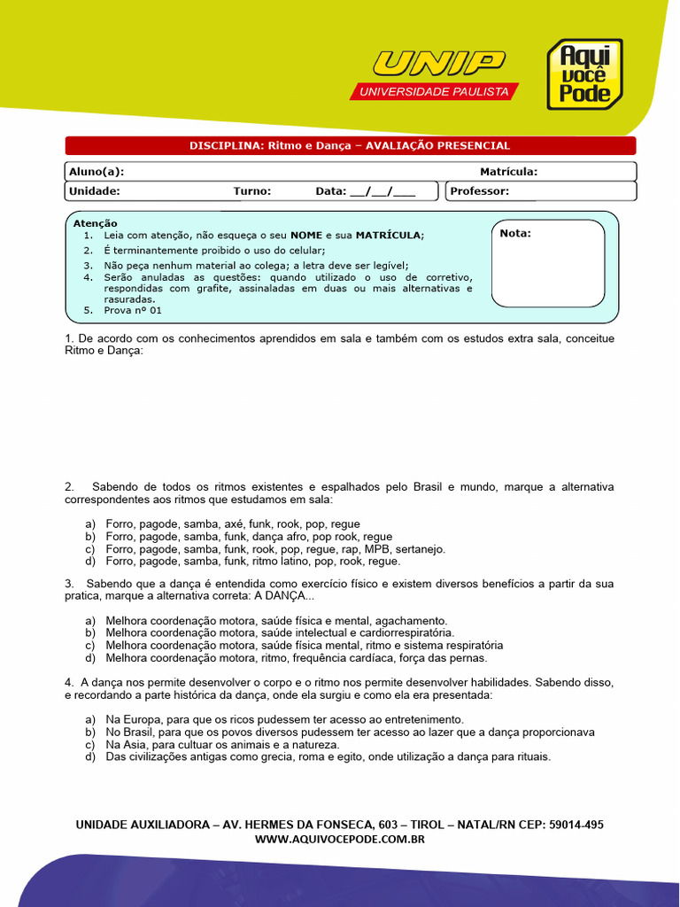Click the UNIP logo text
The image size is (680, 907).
(x=438, y=64)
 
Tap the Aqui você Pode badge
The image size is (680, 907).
(x=583, y=74)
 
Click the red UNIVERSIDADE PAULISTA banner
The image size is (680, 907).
(x=434, y=92)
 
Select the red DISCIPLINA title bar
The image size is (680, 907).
(x=351, y=145)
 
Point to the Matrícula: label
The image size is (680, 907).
(x=508, y=171)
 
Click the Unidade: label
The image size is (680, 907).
(x=94, y=190)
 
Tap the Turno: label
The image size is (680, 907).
(x=252, y=190)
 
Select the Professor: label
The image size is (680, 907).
(x=479, y=190)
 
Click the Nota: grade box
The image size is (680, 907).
(x=548, y=263)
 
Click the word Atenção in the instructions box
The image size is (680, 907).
(x=96, y=223)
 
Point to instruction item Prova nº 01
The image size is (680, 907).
(x=133, y=311)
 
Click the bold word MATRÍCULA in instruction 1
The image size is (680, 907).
(x=389, y=235)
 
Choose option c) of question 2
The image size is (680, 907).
(x=274, y=549)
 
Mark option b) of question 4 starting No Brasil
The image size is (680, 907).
(x=350, y=733)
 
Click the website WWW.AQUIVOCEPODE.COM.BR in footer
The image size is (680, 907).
(x=340, y=839)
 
